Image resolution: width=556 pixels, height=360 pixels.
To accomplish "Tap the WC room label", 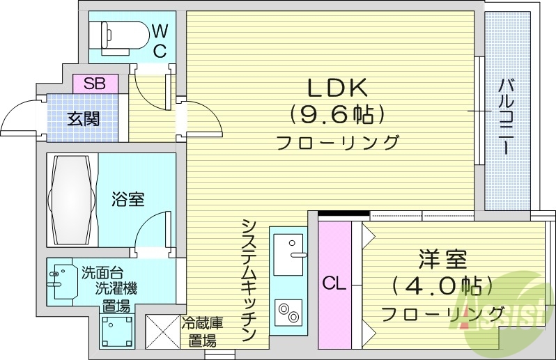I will [160, 40].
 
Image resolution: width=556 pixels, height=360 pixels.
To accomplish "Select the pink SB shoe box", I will [95, 84].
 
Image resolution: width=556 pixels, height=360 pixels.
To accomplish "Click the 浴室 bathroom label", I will [128, 199].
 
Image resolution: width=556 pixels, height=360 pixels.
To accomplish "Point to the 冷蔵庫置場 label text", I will [202, 332].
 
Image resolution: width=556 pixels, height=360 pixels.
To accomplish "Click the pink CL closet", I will [334, 284].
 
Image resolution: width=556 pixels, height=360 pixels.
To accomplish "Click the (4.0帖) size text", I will [442, 284].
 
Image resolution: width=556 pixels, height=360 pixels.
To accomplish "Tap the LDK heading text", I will [337, 87].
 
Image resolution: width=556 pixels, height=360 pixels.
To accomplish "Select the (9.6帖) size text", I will [337, 113].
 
